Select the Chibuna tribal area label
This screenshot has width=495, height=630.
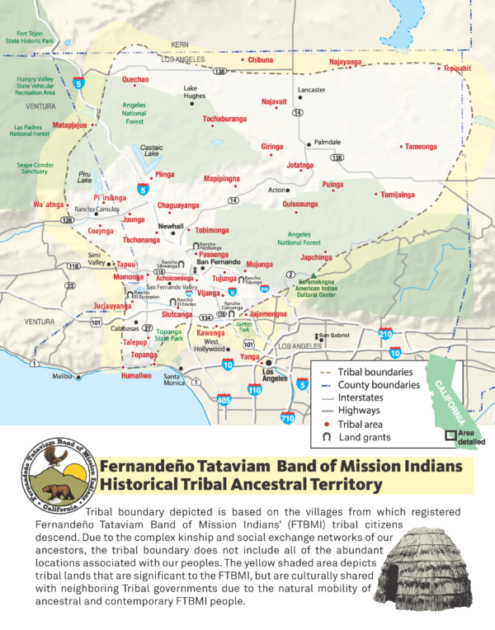[261, 60]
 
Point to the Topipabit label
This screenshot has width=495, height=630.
[456, 68]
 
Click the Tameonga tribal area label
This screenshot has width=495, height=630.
[420, 147]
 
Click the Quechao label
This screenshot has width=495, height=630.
[135, 79]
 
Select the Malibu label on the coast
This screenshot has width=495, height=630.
[63, 376]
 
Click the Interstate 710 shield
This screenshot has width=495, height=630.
[286, 418]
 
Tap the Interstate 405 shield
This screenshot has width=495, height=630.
[224, 401]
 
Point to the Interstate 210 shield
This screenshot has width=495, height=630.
[385, 333]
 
